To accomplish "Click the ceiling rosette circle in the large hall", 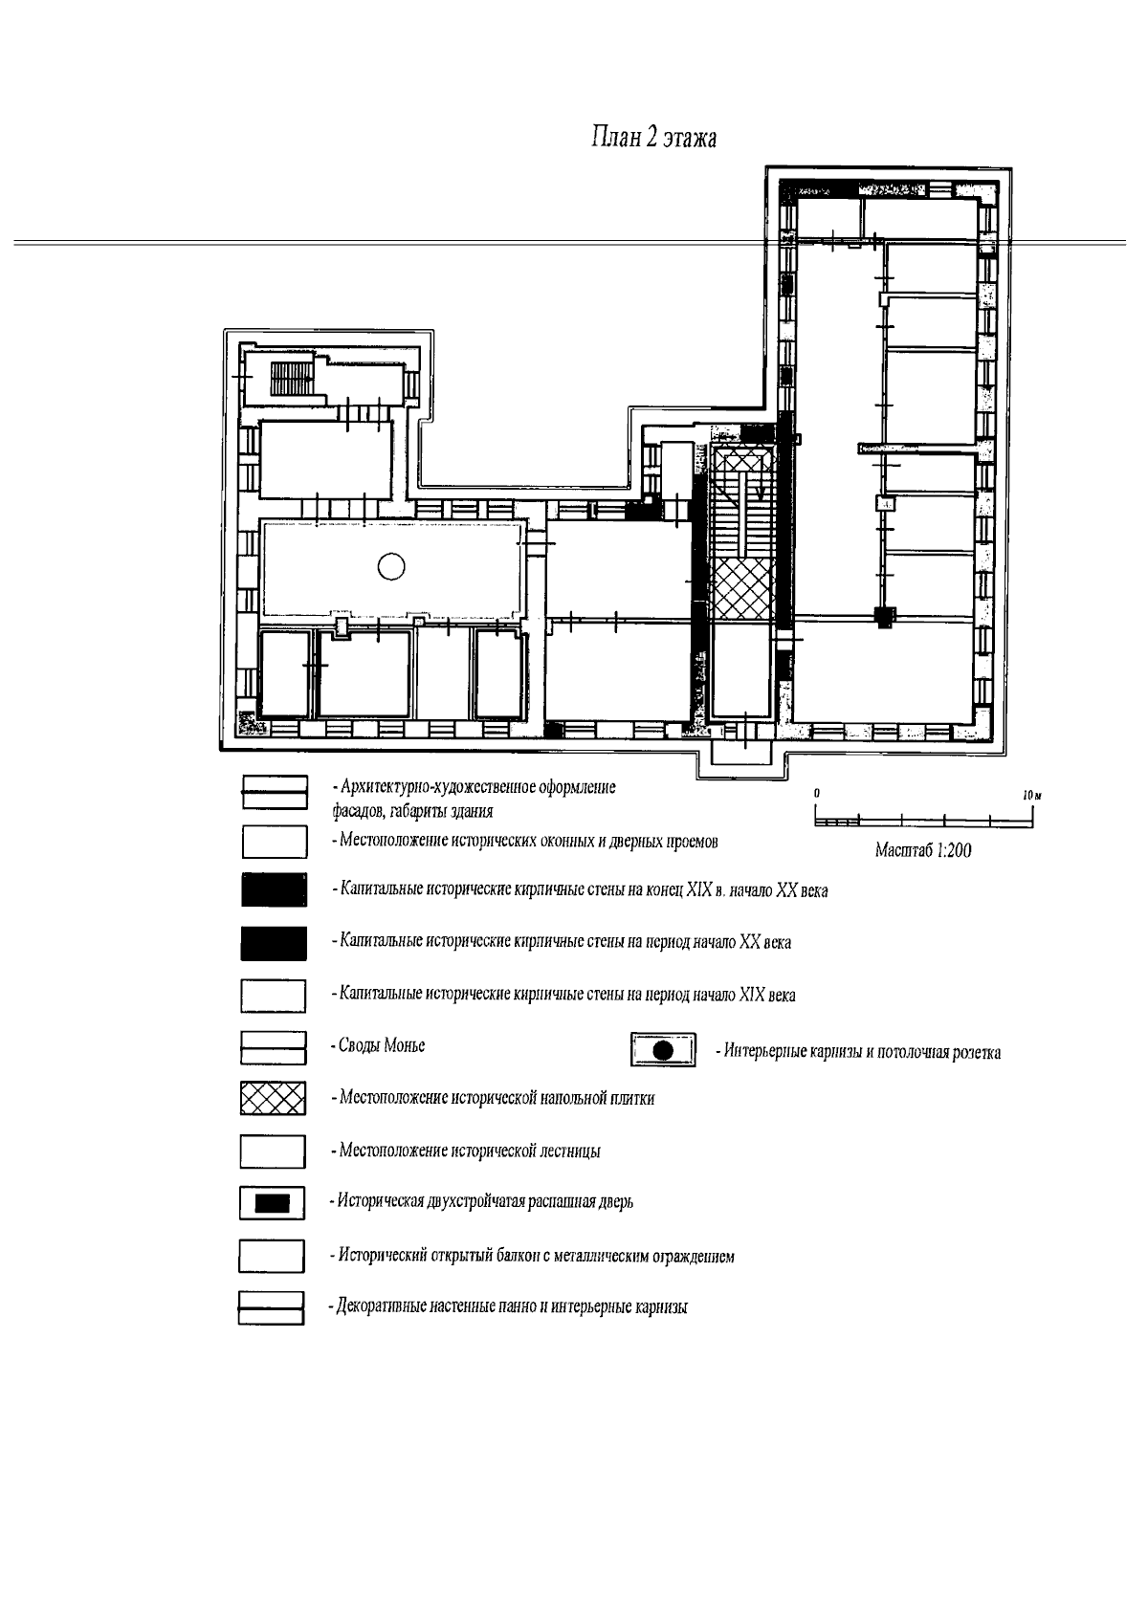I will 391,567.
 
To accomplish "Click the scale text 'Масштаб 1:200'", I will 923,850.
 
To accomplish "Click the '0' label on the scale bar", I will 817,795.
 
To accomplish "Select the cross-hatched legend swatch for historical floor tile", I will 273,1098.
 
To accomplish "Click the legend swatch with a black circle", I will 663,1051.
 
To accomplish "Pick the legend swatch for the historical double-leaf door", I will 273,1202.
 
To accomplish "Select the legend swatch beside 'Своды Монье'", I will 273,1047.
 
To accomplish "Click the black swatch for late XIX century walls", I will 274,890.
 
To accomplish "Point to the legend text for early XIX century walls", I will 563,995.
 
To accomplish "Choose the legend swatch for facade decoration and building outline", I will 274,793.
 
